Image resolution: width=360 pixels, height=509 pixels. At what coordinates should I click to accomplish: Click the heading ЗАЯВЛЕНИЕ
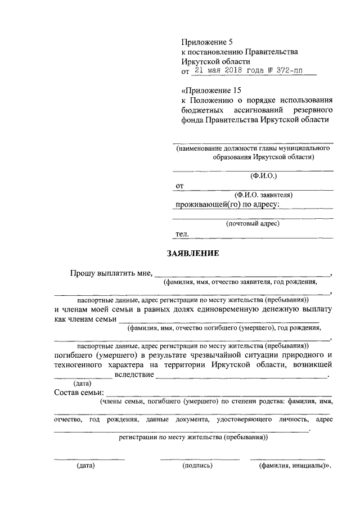click(192, 253)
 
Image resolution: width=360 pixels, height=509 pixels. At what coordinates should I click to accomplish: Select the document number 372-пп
click(295, 71)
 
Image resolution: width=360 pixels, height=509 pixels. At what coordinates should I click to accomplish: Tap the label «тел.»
click(182, 233)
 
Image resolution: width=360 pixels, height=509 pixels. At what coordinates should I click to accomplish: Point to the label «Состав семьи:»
click(79, 392)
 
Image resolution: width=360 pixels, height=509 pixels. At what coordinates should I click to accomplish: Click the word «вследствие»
click(134, 374)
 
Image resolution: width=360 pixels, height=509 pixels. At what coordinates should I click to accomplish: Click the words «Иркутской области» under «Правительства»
click(215, 61)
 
